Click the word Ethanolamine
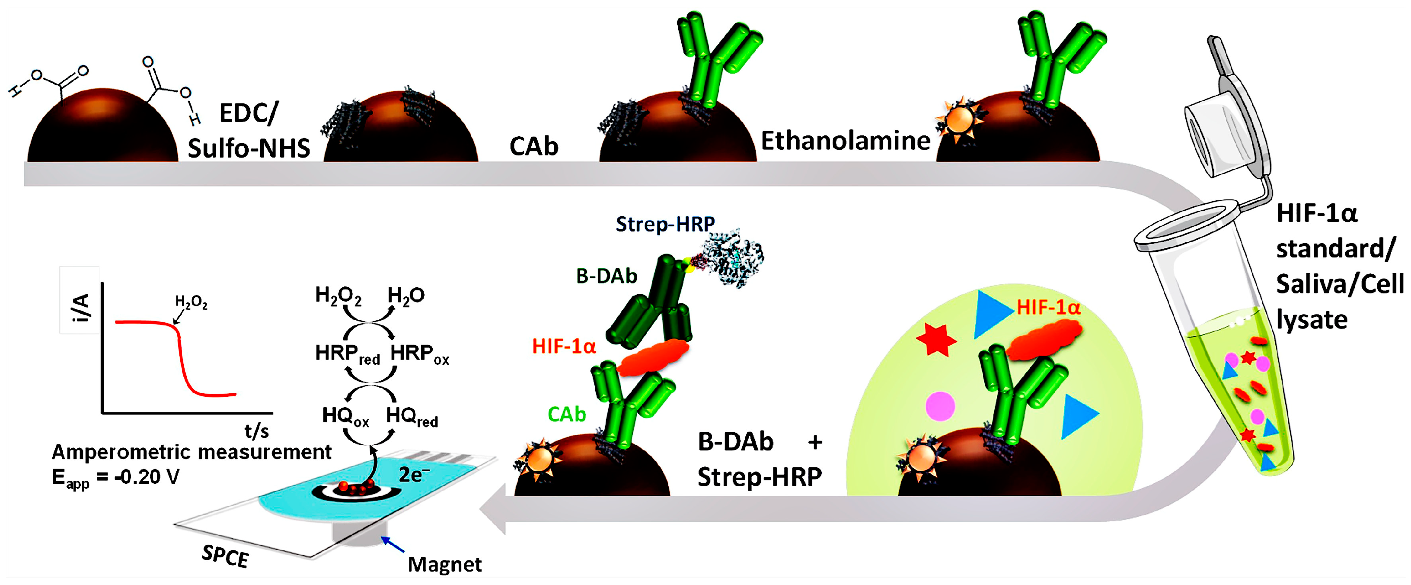click(845, 141)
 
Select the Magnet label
click(444, 564)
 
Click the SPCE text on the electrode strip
click(225, 556)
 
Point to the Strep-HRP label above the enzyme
click(664, 224)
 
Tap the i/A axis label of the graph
click(80, 307)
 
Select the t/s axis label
click(256, 431)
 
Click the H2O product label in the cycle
click(405, 296)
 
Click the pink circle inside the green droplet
click(940, 406)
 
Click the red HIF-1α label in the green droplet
click(1048, 308)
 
